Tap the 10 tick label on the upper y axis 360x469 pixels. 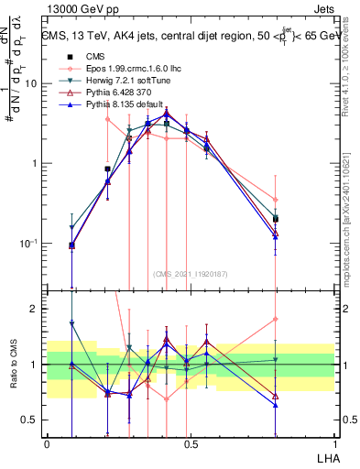33,83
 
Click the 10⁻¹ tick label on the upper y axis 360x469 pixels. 31,244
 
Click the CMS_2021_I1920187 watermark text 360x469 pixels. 191,273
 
